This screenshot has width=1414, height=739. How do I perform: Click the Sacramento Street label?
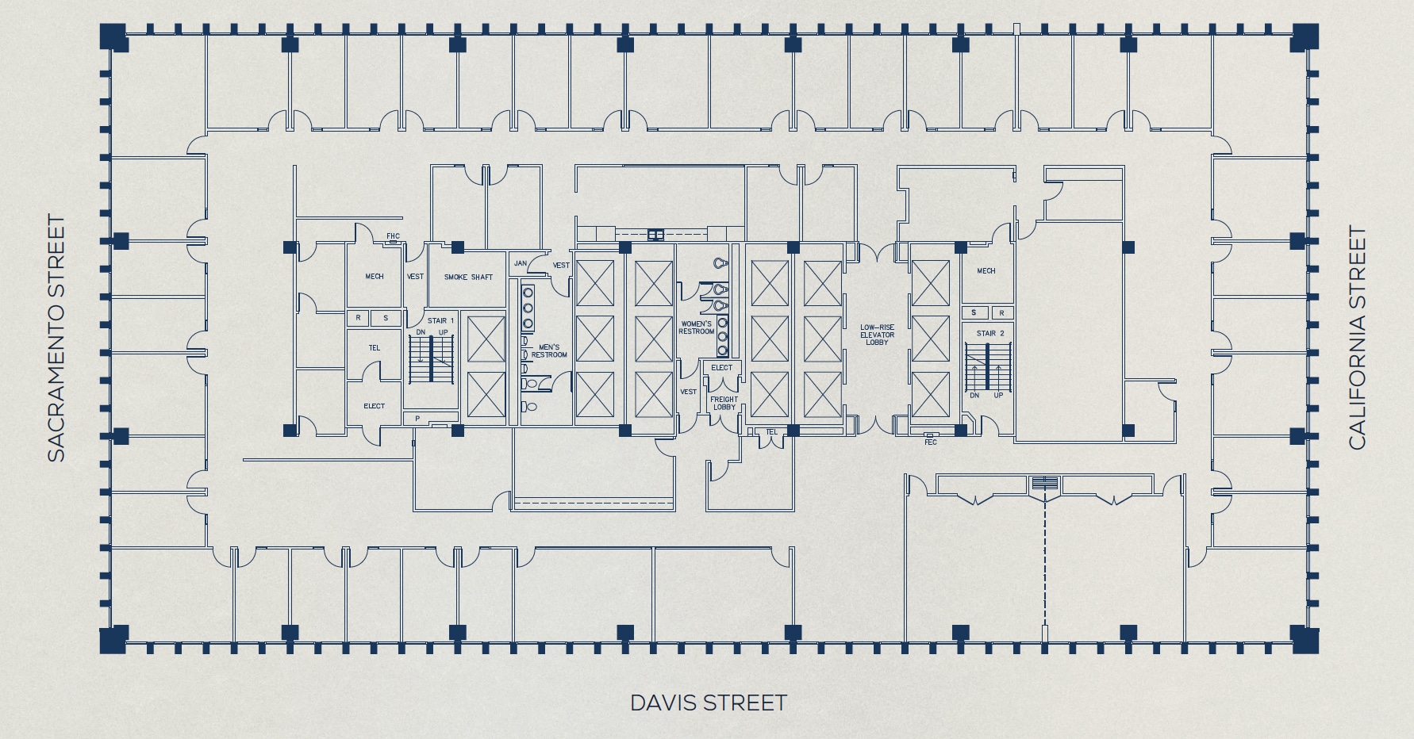pos(56,338)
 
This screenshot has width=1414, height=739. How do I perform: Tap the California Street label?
pos(1358,338)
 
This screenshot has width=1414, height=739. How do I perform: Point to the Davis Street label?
pos(709,703)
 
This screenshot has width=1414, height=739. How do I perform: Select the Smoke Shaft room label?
pos(468,277)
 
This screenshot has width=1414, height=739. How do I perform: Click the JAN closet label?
pos(521,263)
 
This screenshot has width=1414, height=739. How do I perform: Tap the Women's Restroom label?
pos(696,327)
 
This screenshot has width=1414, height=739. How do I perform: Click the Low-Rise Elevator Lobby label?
pos(877,335)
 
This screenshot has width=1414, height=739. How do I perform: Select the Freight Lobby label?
pos(724,403)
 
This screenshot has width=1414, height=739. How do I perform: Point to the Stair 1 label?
pos(440,320)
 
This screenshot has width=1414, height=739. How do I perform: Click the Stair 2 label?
pos(990,333)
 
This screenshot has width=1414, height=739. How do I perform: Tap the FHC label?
pos(393,236)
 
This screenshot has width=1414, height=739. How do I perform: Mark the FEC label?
pos(931,442)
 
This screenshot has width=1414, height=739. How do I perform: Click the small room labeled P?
pos(417,418)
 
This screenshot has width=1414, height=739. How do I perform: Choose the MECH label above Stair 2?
pos(986,270)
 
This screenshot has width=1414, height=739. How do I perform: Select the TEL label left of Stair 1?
pos(374,347)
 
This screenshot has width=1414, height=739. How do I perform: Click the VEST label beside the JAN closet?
pos(561,265)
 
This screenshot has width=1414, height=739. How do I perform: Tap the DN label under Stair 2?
pos(974,395)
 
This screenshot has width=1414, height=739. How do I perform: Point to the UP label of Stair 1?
pos(443,331)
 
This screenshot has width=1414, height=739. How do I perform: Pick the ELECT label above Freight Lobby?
pos(722,367)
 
